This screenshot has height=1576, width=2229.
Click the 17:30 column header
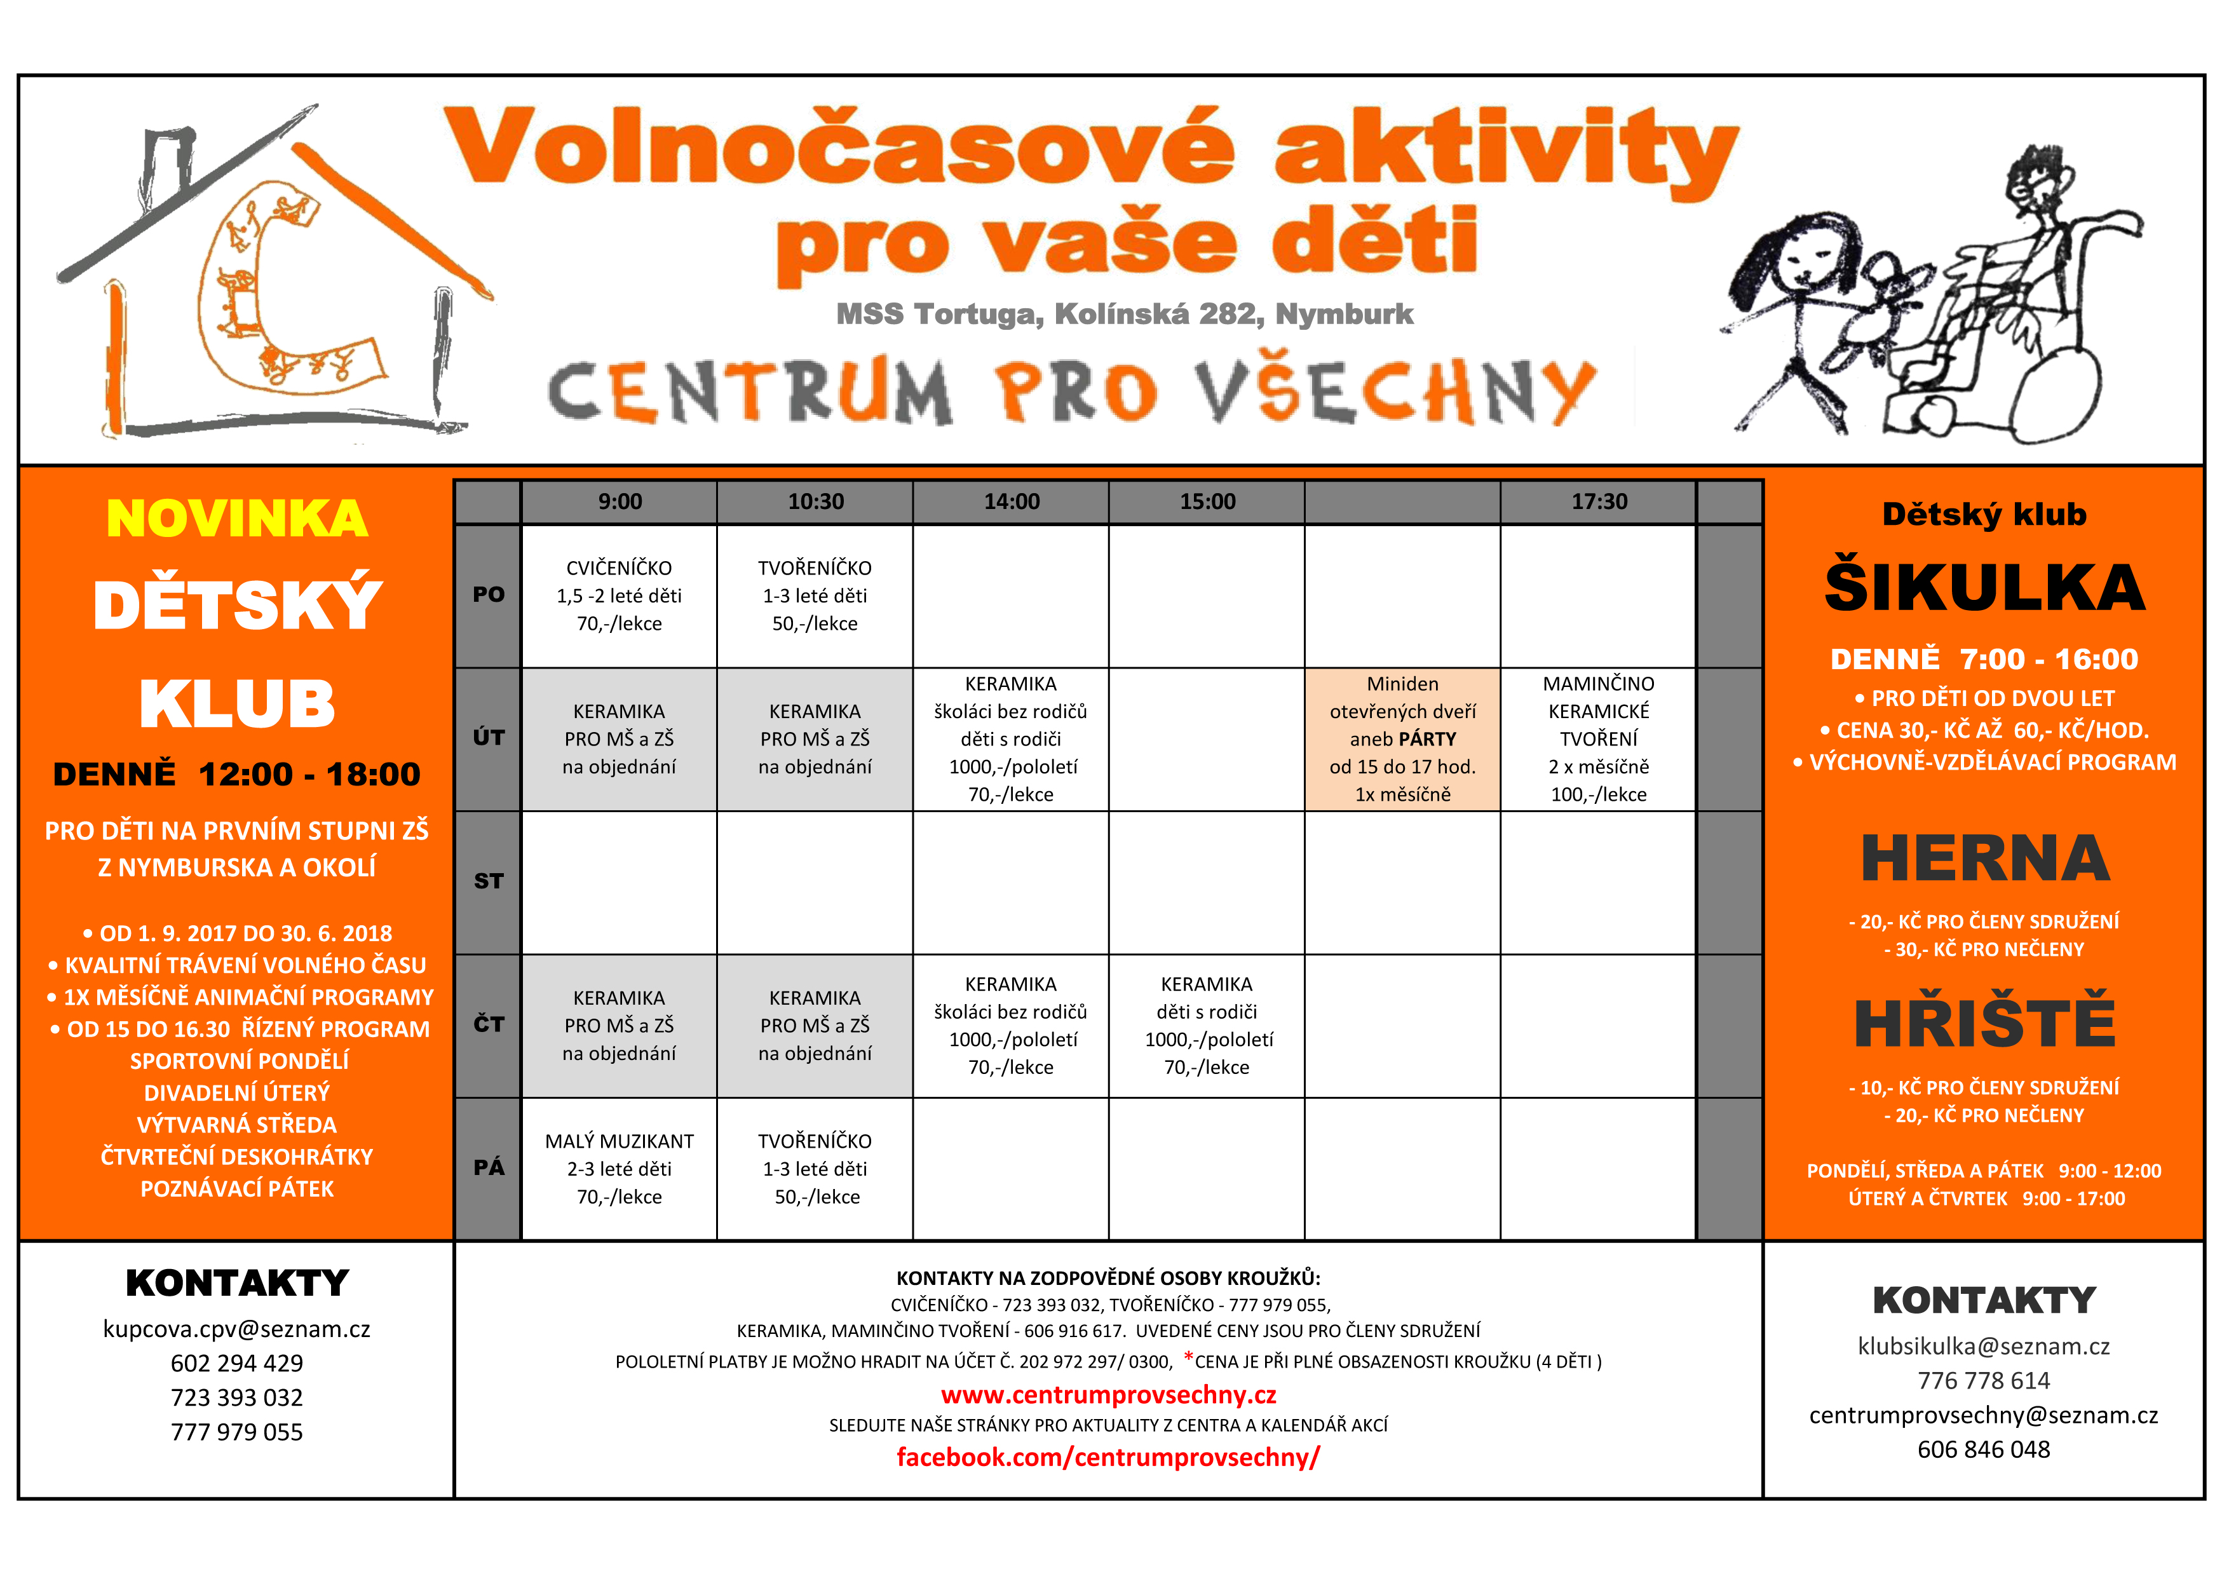[x=1599, y=502]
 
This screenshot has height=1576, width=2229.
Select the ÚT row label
[x=489, y=738]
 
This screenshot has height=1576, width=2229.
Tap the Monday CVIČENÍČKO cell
[x=620, y=595]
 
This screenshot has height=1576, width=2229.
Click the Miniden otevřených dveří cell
[x=1403, y=739]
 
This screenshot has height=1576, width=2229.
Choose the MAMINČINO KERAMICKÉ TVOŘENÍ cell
[x=1599, y=739]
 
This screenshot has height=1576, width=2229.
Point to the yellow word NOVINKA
[x=237, y=519]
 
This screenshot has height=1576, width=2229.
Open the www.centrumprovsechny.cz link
[x=1109, y=1396]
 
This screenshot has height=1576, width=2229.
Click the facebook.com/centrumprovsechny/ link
[x=1109, y=1458]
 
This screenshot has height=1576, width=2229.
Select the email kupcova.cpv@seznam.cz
[x=237, y=1329]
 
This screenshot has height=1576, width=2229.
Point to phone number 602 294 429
[x=237, y=1363]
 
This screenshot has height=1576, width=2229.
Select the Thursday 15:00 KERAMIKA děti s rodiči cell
[x=1207, y=1026]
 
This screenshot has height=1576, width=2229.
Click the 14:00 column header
[x=1012, y=502]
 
